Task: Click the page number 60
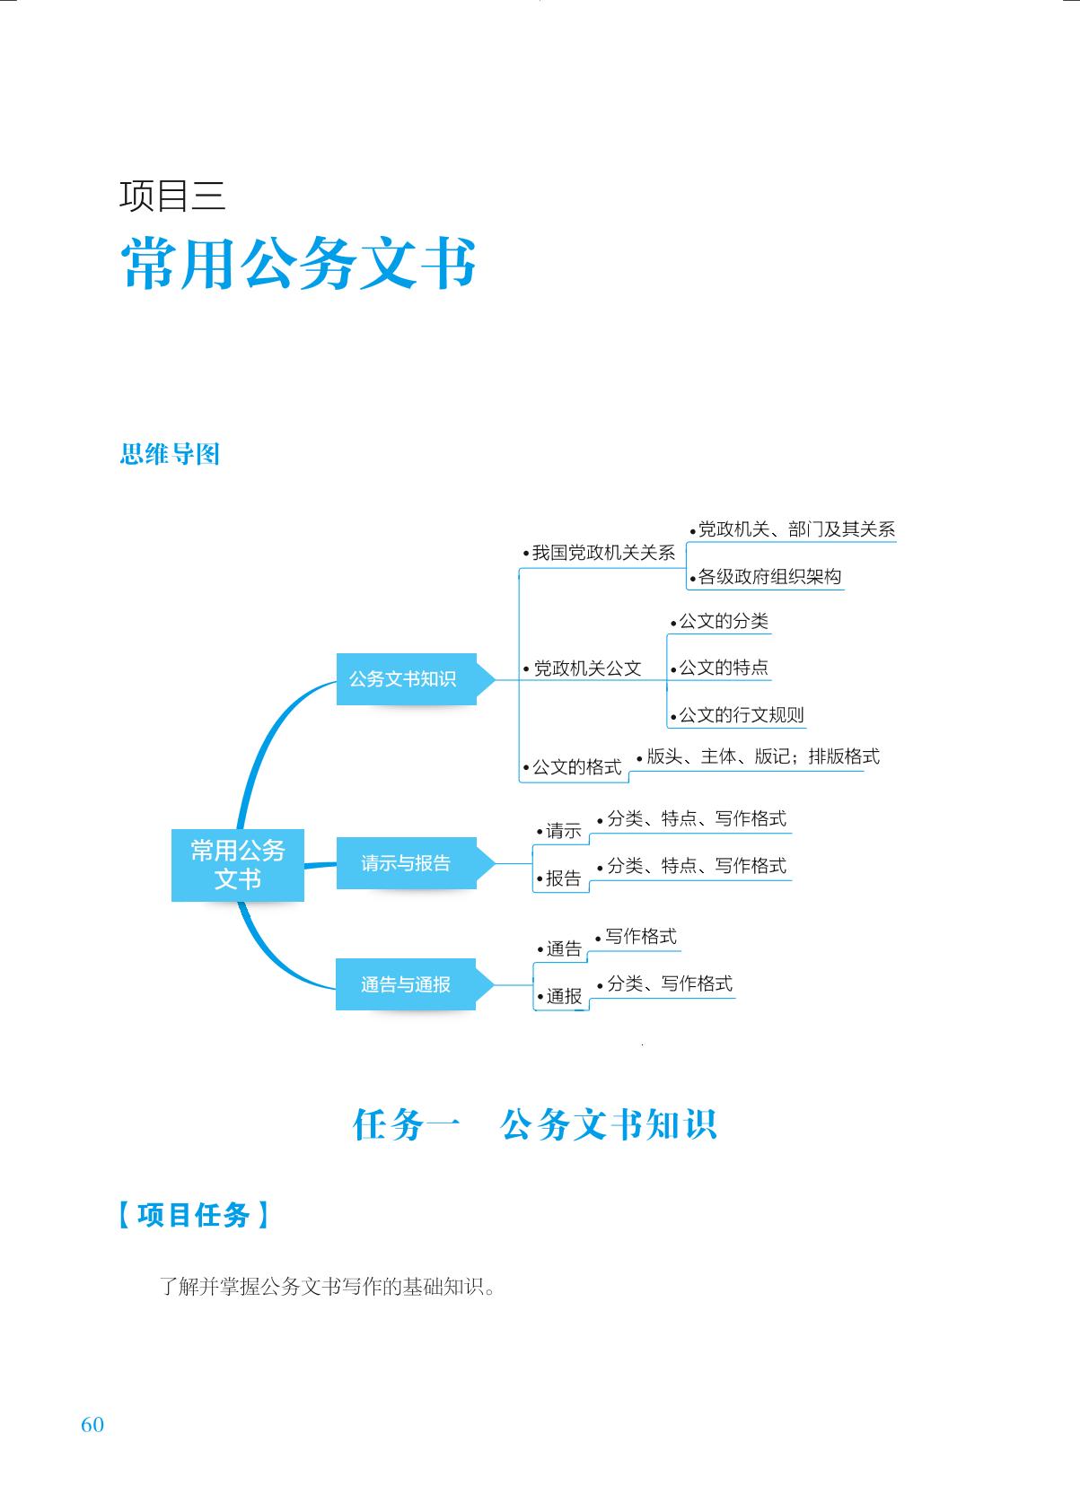(92, 1424)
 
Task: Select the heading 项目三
(172, 196)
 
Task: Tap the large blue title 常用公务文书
(298, 263)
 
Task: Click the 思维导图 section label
(170, 453)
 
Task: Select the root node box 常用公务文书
(238, 865)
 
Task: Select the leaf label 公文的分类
(720, 621)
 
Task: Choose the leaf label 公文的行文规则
(737, 715)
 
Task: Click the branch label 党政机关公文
(583, 668)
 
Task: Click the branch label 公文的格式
(573, 767)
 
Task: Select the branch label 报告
(559, 878)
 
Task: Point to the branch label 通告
(560, 948)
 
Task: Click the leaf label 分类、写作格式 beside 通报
(664, 983)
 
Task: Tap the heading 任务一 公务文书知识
(535, 1125)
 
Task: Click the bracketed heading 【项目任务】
(193, 1215)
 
